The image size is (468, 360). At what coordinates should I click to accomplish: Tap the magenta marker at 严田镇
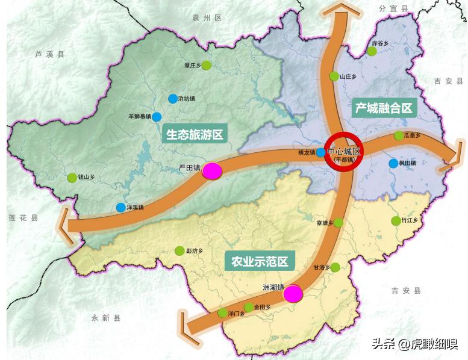click(x=212, y=171)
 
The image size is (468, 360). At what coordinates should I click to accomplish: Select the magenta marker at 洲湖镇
click(x=293, y=294)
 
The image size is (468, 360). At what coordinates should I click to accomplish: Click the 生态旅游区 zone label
click(x=194, y=134)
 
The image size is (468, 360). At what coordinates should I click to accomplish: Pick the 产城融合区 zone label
click(x=384, y=108)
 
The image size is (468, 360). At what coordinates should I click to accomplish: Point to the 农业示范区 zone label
click(x=260, y=262)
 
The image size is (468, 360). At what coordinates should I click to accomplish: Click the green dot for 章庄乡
click(x=207, y=65)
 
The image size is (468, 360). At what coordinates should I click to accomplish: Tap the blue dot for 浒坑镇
click(x=173, y=98)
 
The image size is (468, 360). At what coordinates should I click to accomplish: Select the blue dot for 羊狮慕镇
click(x=157, y=116)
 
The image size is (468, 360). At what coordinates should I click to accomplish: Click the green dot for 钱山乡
click(x=73, y=178)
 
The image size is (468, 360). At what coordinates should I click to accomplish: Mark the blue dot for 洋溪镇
click(x=120, y=208)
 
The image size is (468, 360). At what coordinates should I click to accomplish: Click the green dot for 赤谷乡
click(x=372, y=51)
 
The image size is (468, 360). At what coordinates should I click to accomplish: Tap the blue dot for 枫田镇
click(x=393, y=163)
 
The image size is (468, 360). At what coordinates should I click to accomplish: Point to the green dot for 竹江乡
click(x=396, y=221)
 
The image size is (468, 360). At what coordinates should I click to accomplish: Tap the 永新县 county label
click(x=106, y=318)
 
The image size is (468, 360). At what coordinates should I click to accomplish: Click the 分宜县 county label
click(x=394, y=8)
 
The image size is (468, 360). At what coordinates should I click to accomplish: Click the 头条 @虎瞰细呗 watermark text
click(x=414, y=344)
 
